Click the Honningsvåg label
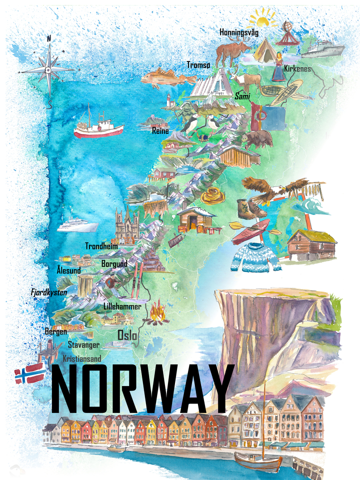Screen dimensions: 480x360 (x=239, y=32)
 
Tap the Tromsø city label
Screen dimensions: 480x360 (x=198, y=65)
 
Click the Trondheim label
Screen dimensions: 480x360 (x=101, y=246)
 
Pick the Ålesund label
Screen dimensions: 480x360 (x=69, y=270)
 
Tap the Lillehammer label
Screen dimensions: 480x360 (x=122, y=306)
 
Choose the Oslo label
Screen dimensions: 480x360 (x=127, y=334)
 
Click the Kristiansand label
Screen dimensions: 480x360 (x=82, y=358)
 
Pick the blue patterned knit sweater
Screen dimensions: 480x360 (x=255, y=258)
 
